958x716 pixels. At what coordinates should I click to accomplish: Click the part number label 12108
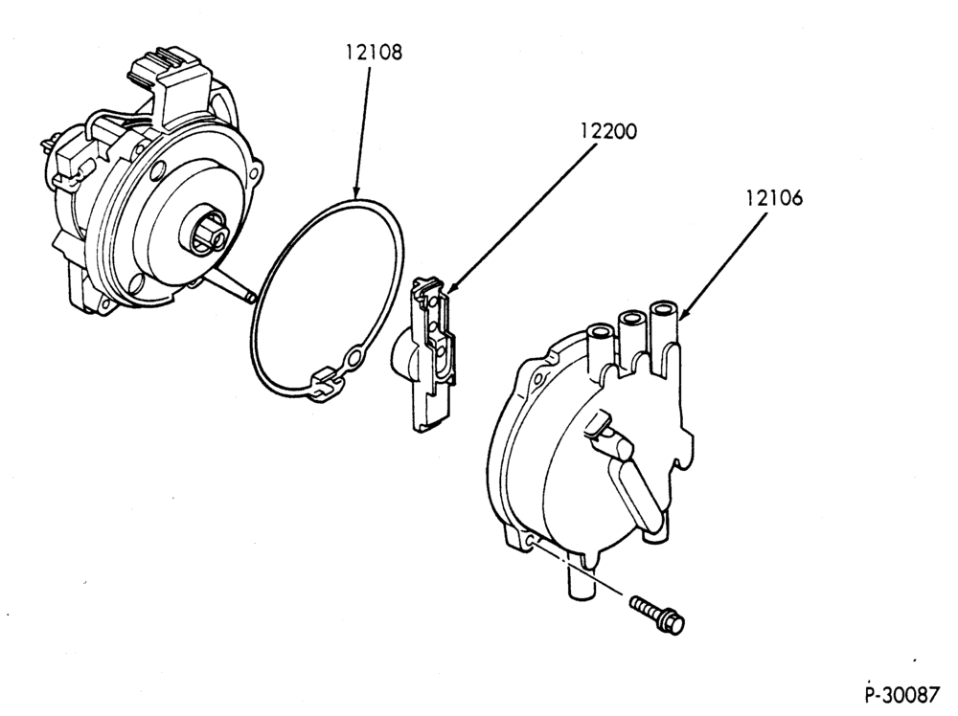click(x=374, y=53)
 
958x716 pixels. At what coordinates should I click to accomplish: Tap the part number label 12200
click(x=608, y=130)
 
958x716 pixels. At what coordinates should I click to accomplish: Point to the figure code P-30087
click(x=903, y=695)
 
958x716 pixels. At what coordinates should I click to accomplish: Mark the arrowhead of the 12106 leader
click(x=682, y=315)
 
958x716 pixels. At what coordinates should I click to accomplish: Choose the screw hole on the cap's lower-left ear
click(x=529, y=539)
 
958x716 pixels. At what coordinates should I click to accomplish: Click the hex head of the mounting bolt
click(x=674, y=622)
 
